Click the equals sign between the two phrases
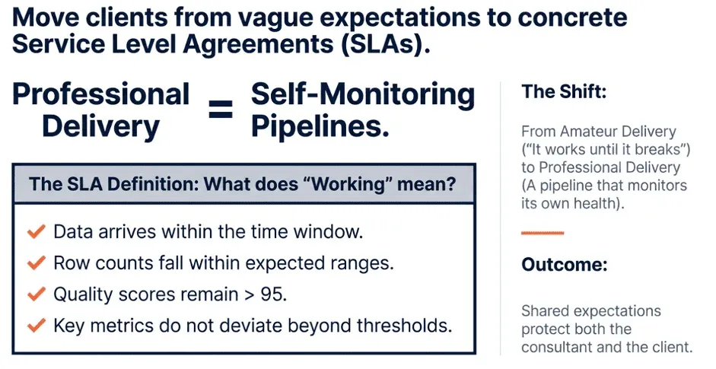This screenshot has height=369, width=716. tap(221, 110)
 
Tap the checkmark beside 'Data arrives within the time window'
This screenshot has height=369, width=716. tap(36, 231)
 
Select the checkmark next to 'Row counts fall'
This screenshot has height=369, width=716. tap(36, 262)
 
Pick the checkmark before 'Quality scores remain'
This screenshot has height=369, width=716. tap(36, 294)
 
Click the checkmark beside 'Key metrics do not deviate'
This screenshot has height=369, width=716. tap(36, 325)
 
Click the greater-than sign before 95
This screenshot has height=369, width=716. tap(250, 295)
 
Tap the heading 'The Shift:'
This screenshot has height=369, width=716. tap(564, 92)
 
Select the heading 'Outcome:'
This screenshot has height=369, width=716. tap(565, 265)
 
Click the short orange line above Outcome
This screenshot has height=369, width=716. tap(543, 233)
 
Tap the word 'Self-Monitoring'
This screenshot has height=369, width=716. tap(363, 94)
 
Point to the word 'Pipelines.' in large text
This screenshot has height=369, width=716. tap(320, 126)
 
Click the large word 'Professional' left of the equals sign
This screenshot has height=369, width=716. tap(101, 94)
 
